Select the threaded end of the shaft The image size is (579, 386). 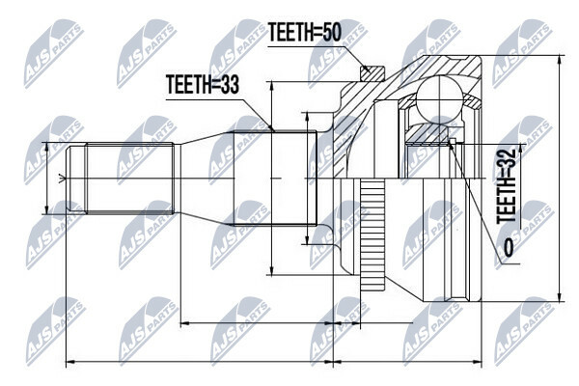click(x=125, y=179)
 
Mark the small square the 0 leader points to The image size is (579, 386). click(x=453, y=143)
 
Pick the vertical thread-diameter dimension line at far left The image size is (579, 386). click(x=46, y=179)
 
